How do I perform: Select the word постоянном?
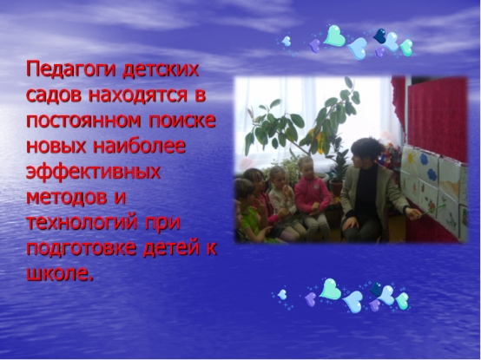click(83, 121)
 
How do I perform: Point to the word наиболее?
click(139, 146)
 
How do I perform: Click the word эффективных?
click(93, 172)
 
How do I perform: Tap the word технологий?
click(82, 223)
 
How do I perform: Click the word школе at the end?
click(60, 273)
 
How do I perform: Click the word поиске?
click(182, 121)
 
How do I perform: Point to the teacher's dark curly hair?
click(367, 149)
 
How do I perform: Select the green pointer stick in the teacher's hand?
click(432, 211)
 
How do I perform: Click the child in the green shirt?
click(249, 213)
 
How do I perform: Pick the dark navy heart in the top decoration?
click(379, 36)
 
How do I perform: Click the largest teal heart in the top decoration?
click(334, 36)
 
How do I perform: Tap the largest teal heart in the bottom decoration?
click(330, 289)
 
